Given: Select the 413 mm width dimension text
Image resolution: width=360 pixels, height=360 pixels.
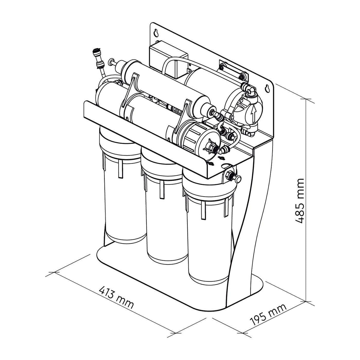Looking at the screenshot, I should click(x=116, y=297).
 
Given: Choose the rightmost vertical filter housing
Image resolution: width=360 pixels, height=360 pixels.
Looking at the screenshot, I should click(x=208, y=237).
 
